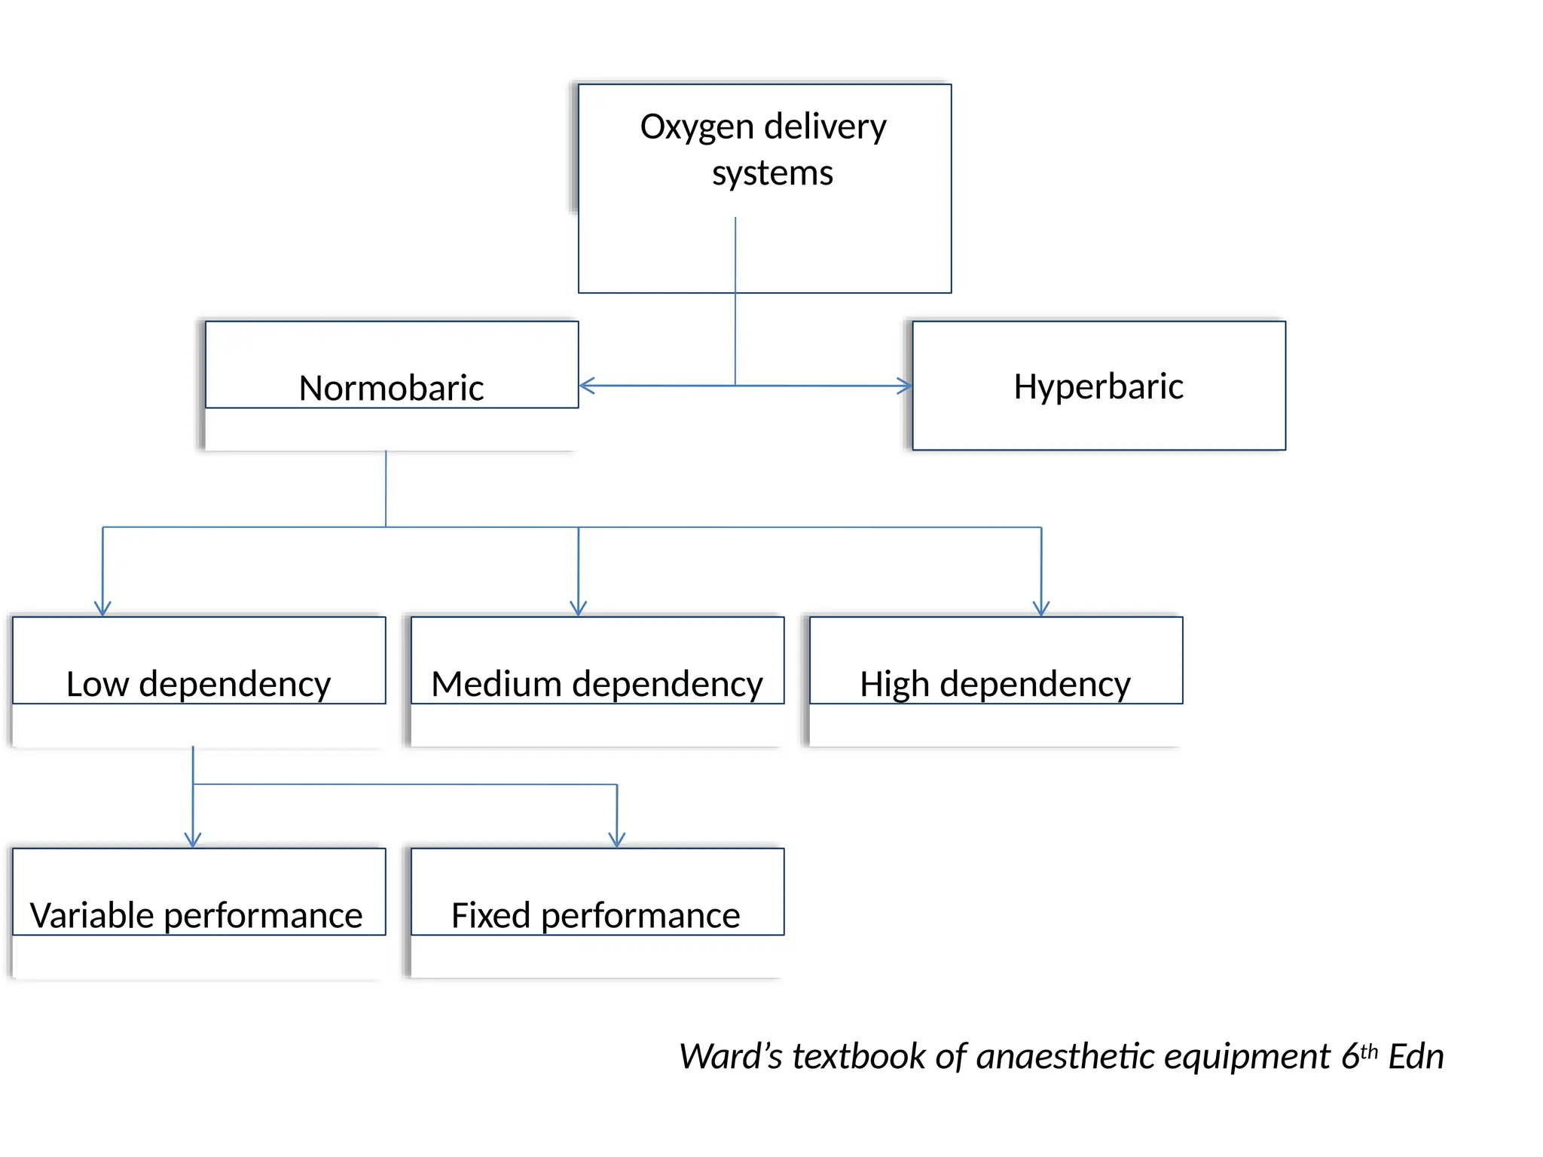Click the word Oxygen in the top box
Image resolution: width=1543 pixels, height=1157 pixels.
696,127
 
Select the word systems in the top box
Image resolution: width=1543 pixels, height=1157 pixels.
772,173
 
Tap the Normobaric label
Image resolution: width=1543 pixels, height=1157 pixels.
390,388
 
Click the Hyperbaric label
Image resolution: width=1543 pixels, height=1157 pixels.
1098,386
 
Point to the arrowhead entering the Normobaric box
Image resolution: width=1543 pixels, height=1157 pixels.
586,386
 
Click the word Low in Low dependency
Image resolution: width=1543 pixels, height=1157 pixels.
97,684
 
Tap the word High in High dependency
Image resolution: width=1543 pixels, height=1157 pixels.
894,684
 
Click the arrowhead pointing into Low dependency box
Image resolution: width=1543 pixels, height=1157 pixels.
102,609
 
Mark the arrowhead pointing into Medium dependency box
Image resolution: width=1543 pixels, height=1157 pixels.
578,609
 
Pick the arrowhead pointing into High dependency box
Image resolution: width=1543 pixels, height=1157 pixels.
1041,609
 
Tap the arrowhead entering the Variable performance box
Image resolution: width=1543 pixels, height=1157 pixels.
193,840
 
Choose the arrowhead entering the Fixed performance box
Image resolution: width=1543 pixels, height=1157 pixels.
617,840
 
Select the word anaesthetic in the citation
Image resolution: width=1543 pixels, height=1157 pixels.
1065,1056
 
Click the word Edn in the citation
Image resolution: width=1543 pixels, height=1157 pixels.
1416,1056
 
